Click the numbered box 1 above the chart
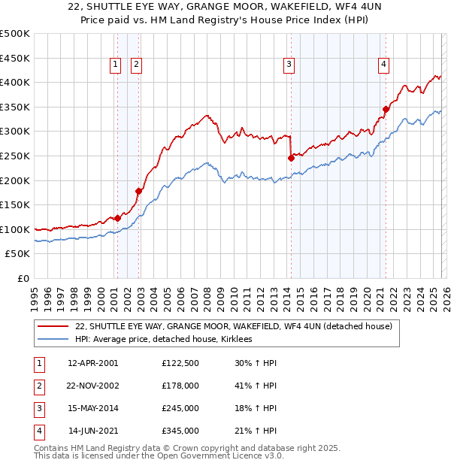(116, 65)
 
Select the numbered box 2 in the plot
(136, 65)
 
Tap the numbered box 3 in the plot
(289, 65)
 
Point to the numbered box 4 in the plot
(383, 65)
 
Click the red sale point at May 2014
(291, 158)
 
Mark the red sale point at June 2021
(386, 109)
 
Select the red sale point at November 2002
(138, 191)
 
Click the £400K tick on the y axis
(15, 82)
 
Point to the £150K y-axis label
(15, 204)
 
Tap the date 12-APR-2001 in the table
(92, 363)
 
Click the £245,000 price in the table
(180, 409)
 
